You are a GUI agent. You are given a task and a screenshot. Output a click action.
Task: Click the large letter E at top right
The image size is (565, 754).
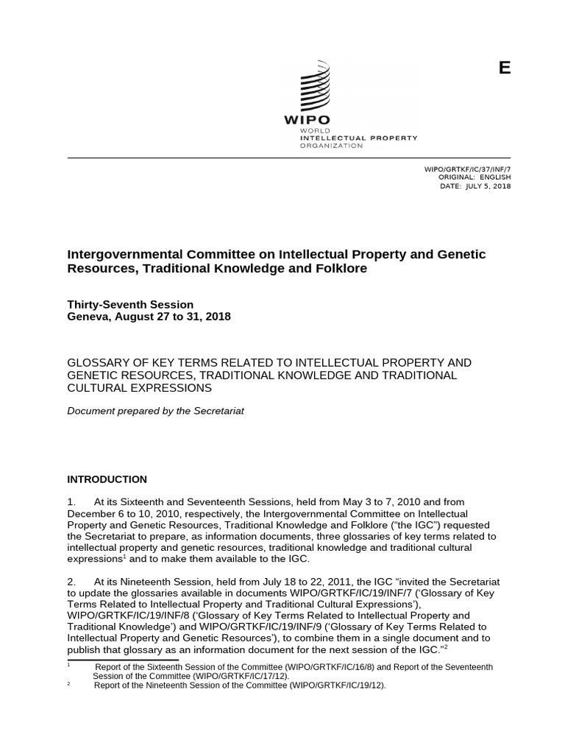click(504, 68)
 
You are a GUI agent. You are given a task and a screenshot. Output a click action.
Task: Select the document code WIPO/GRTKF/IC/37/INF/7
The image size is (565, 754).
click(468, 169)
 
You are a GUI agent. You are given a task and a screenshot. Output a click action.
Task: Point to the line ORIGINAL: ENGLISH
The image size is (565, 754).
click(474, 177)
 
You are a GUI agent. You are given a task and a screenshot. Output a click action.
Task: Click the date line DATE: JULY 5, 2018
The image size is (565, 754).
click(475, 186)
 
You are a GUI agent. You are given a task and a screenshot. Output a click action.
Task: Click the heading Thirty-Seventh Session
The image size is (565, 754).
click(130, 304)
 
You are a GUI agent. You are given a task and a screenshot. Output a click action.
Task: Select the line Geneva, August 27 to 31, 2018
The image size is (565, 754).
click(149, 317)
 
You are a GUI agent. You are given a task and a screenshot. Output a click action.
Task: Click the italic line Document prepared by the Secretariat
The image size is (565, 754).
click(155, 411)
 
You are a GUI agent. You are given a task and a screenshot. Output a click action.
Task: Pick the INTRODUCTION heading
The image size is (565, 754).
click(107, 479)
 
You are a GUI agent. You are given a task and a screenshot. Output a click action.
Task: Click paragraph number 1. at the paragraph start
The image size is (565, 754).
click(72, 502)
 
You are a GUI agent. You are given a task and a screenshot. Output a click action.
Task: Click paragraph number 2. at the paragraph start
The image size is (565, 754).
click(72, 581)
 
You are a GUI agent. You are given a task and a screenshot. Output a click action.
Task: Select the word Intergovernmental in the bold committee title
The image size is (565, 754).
click(121, 254)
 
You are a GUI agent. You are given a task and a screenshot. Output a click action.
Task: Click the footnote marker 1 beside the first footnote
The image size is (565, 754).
click(68, 664)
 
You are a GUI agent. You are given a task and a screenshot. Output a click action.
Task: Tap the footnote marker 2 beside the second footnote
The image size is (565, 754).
click(68, 683)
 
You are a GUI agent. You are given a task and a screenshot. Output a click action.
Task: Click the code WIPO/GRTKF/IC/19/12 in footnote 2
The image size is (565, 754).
click(336, 686)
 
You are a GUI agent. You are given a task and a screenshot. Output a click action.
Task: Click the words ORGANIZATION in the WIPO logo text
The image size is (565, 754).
click(320, 146)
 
